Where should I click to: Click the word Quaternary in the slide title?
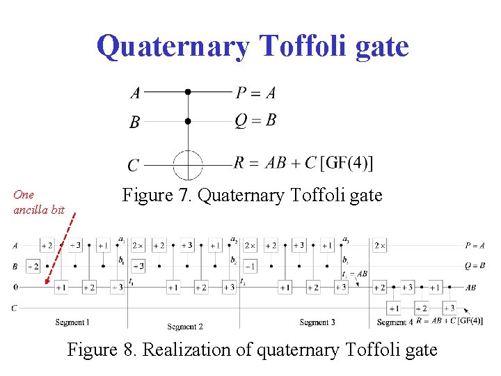[173, 47]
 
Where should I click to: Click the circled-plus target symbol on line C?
[187, 165]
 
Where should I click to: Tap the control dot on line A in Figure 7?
[187, 91]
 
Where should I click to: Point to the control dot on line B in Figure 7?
[187, 121]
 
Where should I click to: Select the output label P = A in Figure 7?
[255, 93]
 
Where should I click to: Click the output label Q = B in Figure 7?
[255, 120]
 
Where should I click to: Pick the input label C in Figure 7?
[133, 166]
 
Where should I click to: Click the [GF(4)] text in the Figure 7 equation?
[347, 163]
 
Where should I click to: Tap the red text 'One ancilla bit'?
[39, 202]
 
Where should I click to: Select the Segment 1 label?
[72, 322]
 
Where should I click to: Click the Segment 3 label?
[317, 322]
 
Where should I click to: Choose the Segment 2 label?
[185, 327]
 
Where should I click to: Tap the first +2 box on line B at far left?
[33, 266]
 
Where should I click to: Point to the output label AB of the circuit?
[471, 287]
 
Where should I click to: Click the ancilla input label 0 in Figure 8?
[15, 287]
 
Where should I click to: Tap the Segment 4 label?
[394, 322]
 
